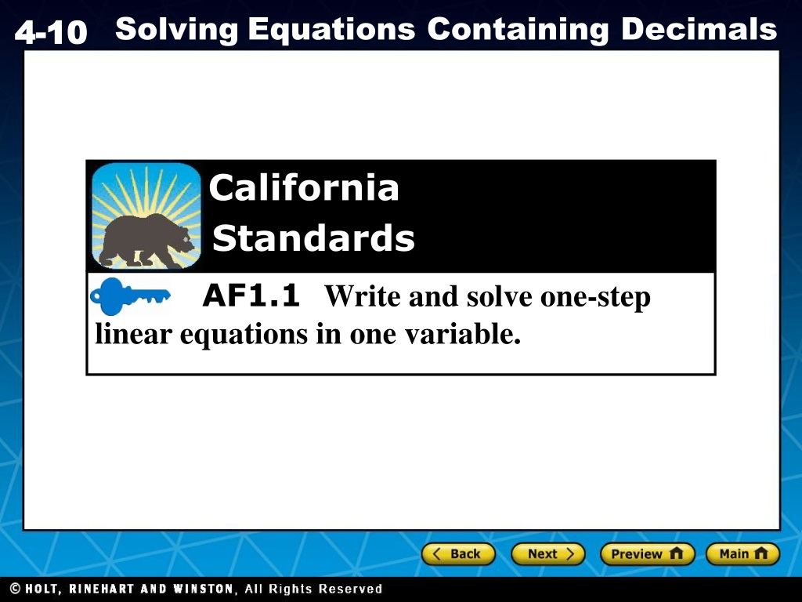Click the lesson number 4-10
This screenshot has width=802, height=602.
51,31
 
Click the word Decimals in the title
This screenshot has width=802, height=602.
699,29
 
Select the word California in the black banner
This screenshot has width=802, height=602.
304,187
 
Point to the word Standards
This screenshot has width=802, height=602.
313,238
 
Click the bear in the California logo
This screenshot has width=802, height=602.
146,240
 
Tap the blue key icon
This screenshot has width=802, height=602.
130,296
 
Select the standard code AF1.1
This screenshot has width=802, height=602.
251,296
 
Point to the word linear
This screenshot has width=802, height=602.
133,334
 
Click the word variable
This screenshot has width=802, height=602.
463,334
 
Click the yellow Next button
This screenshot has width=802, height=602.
547,554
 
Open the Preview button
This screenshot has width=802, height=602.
647,554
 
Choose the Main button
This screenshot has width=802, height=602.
742,554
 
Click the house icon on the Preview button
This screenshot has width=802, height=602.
676,553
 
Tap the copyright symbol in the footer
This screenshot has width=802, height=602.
16,589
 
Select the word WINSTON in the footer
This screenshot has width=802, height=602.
203,589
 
